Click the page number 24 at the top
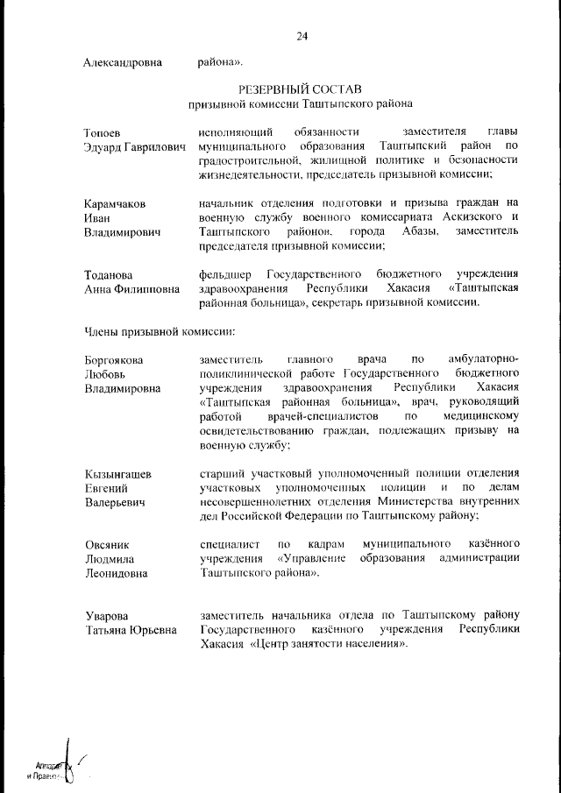pyautogui.click(x=302, y=37)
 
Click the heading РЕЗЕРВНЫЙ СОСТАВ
pyautogui.click(x=301, y=89)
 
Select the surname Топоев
pyautogui.click(x=102, y=131)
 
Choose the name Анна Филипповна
pyautogui.click(x=128, y=289)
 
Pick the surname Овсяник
pyautogui.click(x=107, y=545)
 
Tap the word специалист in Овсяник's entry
pyautogui.click(x=227, y=545)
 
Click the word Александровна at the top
pyautogui.click(x=124, y=62)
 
